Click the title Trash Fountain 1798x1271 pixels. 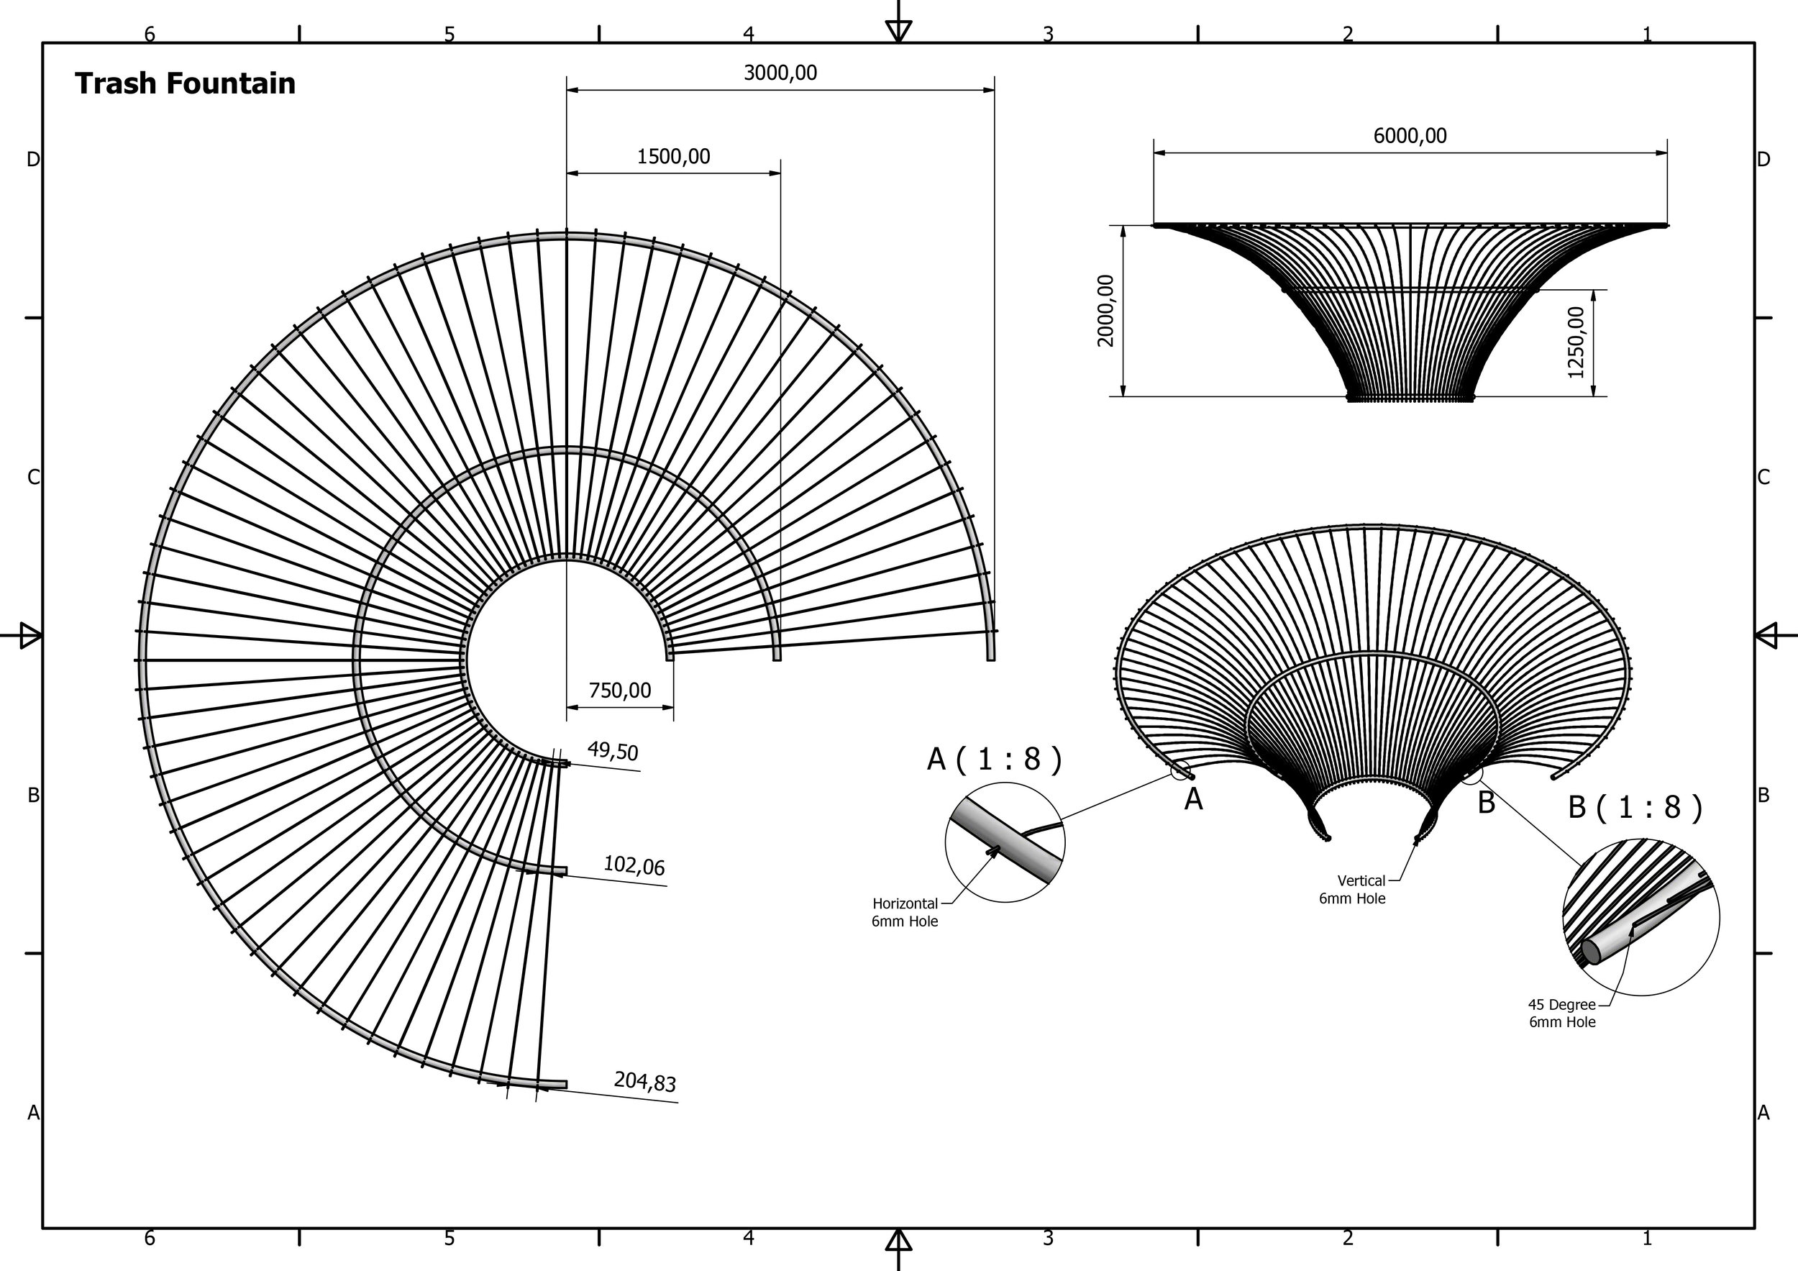click(x=185, y=83)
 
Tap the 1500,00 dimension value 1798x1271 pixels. click(x=673, y=157)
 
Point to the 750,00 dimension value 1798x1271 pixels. click(x=619, y=690)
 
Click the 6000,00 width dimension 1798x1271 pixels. click(x=1410, y=135)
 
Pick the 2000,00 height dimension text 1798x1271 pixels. click(x=1105, y=310)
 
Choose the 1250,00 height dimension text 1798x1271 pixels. click(x=1576, y=342)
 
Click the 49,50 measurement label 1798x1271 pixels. click(x=613, y=751)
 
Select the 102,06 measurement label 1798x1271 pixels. click(x=634, y=865)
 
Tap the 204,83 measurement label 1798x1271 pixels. click(x=644, y=1082)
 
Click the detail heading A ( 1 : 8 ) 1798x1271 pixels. click(x=995, y=759)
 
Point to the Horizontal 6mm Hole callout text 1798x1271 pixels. click(x=905, y=912)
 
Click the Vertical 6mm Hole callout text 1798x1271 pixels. click(x=1352, y=890)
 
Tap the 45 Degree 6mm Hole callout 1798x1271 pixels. click(x=1561, y=1013)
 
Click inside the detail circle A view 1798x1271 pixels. click(x=1005, y=842)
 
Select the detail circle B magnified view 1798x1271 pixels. click(x=1641, y=917)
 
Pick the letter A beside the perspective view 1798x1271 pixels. click(x=1193, y=798)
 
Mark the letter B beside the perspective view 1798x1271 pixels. click(x=1487, y=803)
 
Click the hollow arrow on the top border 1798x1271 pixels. click(x=898, y=29)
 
